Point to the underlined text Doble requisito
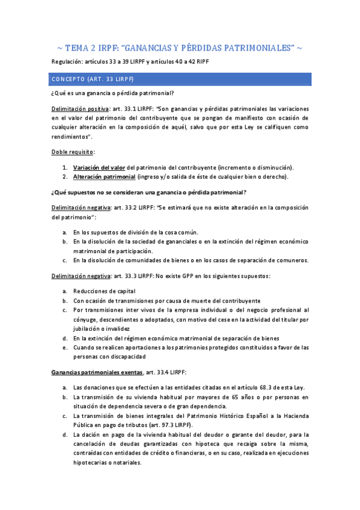click(x=73, y=152)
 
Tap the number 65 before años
click(x=248, y=398)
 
